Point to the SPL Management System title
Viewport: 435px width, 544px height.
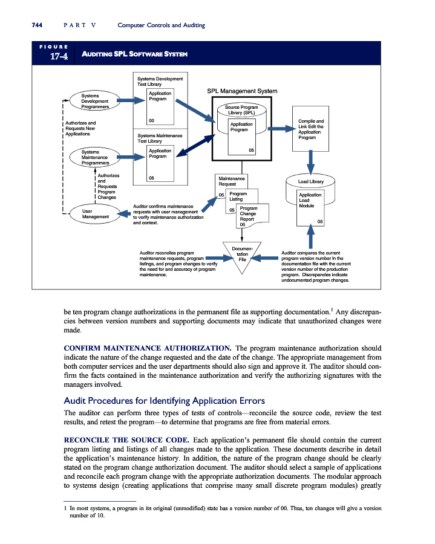tap(242, 91)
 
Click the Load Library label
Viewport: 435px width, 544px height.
tap(310, 181)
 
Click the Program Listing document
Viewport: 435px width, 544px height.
tap(238, 196)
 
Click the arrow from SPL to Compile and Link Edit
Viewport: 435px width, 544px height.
tap(280, 129)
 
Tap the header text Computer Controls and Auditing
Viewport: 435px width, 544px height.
tap(162, 25)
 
